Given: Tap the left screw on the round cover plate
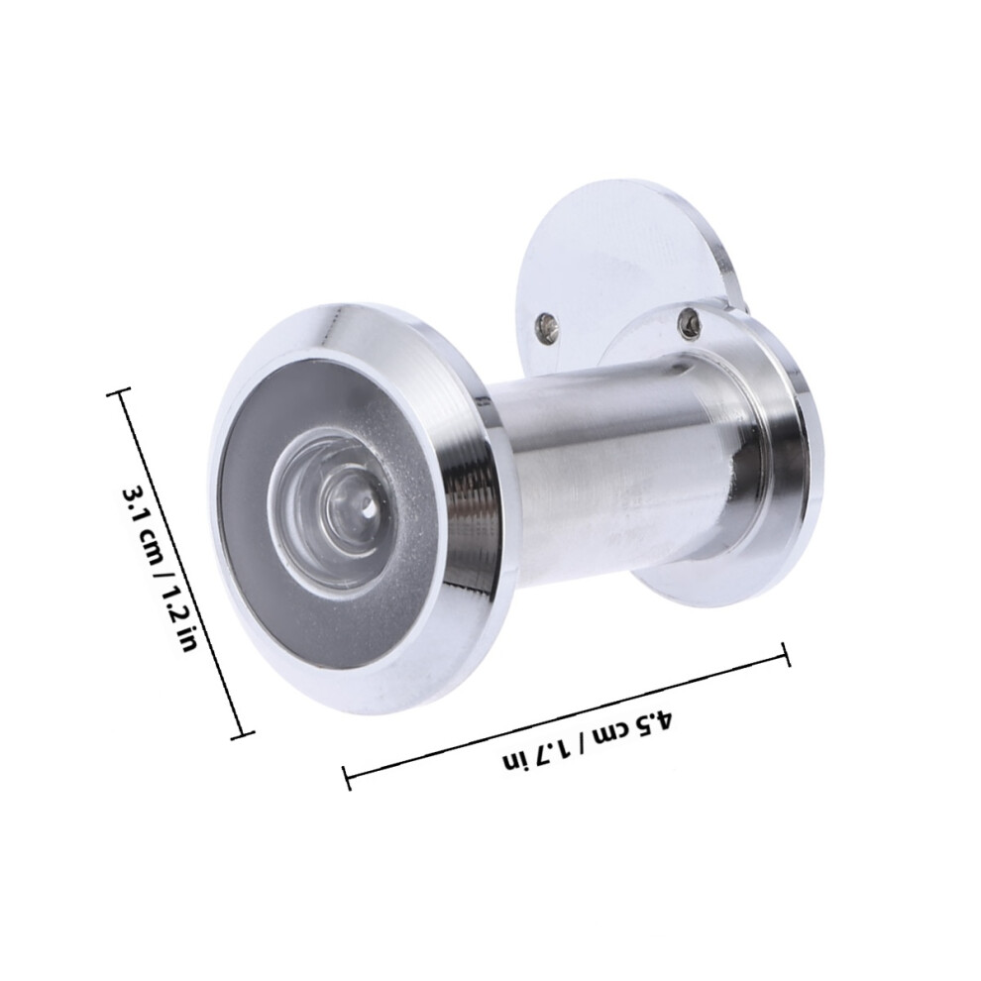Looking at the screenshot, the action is click(x=545, y=327).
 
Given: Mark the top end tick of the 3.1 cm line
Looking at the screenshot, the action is click(x=119, y=393).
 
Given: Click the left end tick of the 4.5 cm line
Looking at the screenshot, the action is click(x=347, y=777).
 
